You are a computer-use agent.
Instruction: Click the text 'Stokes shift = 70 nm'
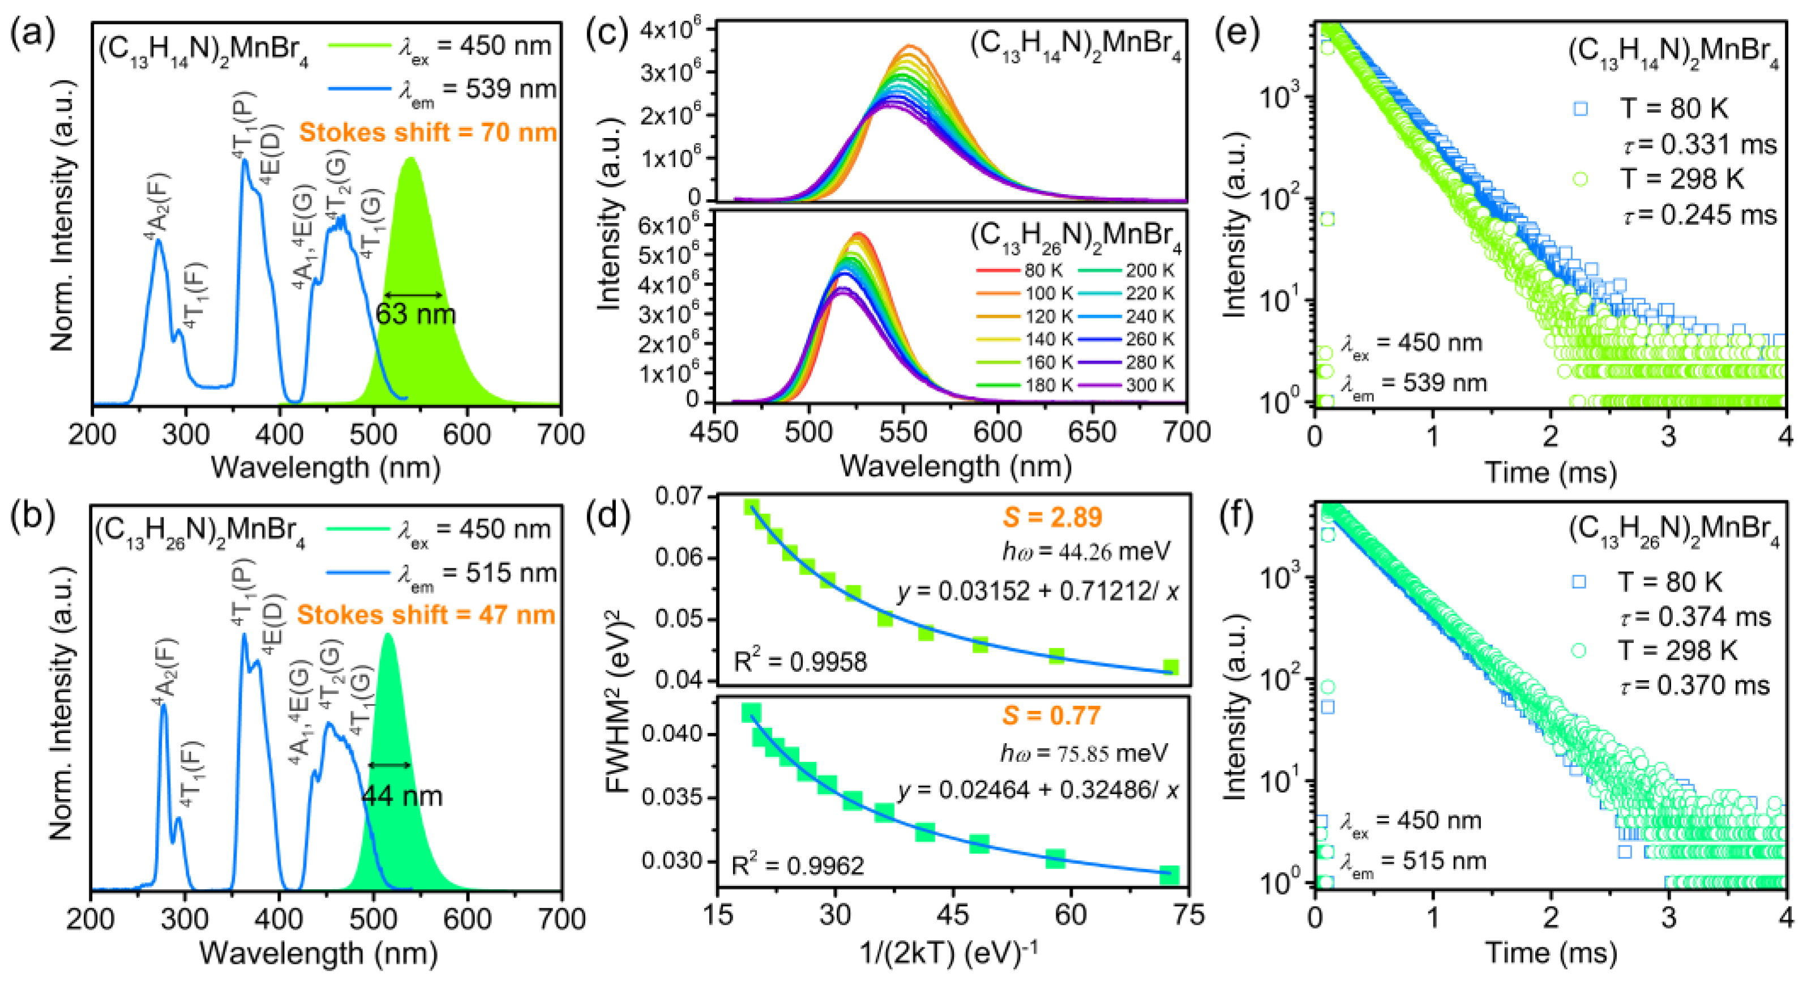click(x=427, y=132)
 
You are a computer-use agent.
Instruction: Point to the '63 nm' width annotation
click(x=415, y=314)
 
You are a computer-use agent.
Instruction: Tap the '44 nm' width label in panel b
click(x=402, y=796)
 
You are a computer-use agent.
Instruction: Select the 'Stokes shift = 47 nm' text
click(x=426, y=615)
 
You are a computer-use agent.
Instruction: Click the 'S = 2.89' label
click(x=1052, y=517)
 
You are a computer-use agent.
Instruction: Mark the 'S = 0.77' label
click(x=1051, y=715)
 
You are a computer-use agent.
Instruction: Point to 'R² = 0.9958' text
click(x=800, y=661)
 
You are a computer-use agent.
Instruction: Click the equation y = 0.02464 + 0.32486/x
click(x=1038, y=790)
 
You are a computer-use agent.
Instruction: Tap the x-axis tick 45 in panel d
click(x=952, y=914)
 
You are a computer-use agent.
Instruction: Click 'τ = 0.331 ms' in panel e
click(x=1698, y=144)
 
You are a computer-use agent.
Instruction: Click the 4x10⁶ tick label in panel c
click(x=669, y=29)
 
